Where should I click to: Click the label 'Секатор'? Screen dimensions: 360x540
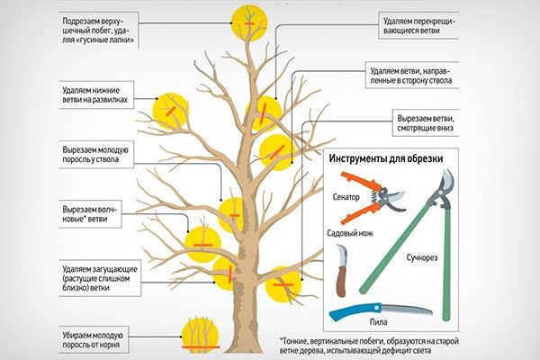tap(345, 197)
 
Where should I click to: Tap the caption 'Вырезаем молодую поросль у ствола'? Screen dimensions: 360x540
tap(97, 154)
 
